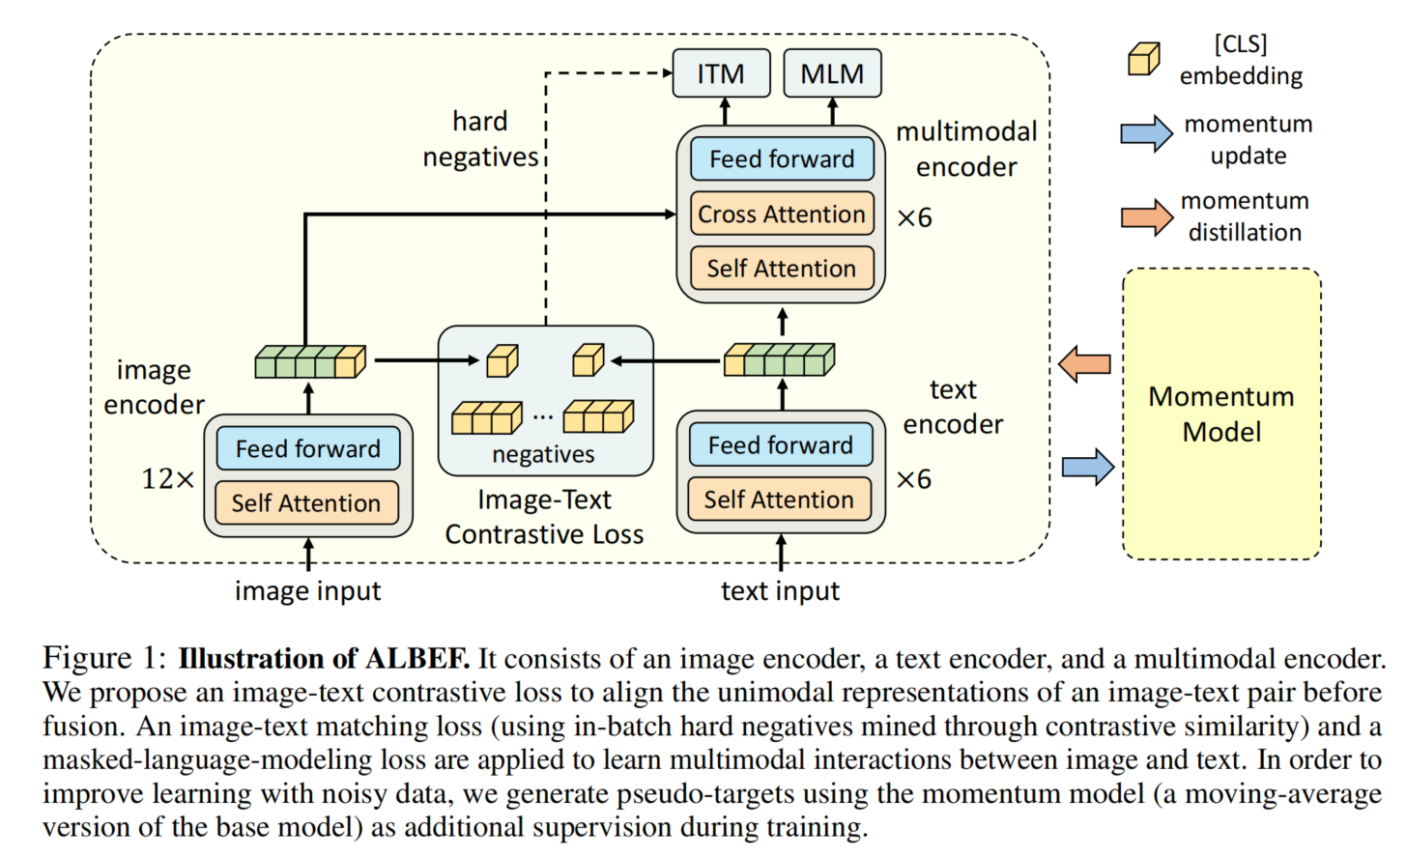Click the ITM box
click(x=721, y=73)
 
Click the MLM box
click(x=832, y=73)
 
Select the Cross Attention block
click(x=782, y=214)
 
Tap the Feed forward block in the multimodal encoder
click(x=782, y=158)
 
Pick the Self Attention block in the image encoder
click(x=306, y=503)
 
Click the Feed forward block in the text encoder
click(x=781, y=445)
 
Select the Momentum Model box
click(x=1221, y=414)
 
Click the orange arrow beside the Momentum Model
click(x=1085, y=364)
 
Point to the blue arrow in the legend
click(x=1146, y=133)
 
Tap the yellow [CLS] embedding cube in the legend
click(x=1144, y=59)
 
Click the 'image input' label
click(x=307, y=591)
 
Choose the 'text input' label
click(x=780, y=591)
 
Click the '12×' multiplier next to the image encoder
click(x=168, y=479)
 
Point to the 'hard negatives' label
click(x=480, y=139)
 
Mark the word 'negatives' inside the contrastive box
click(x=543, y=454)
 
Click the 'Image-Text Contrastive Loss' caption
click(x=544, y=517)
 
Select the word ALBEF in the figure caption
click(x=416, y=659)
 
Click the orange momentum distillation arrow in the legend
click(x=1146, y=217)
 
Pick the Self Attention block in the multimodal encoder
click(x=782, y=269)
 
